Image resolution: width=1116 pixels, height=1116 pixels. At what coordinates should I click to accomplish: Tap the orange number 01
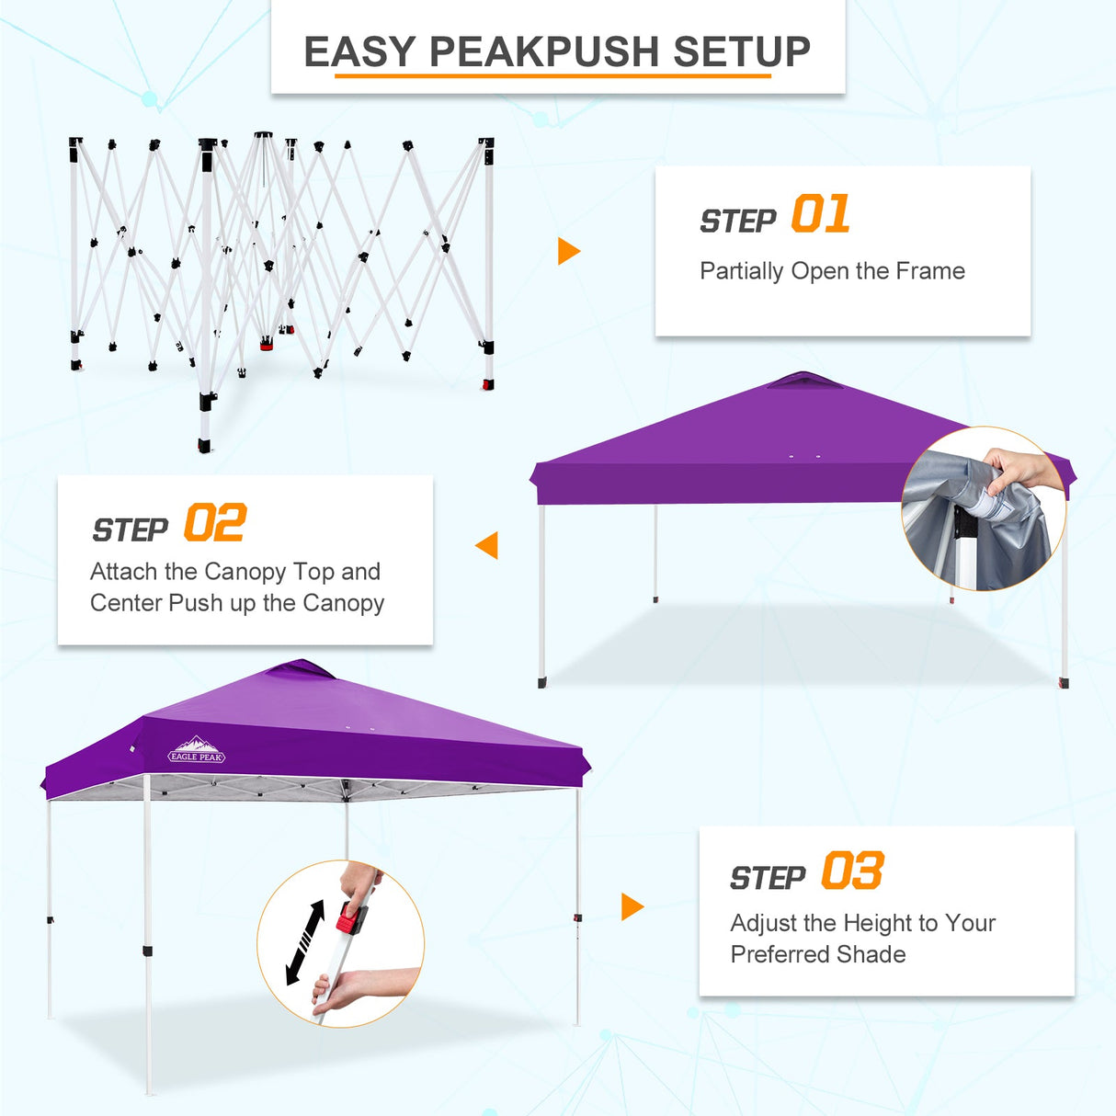coord(820,214)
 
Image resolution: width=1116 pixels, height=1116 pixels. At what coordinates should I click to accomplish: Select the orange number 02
coord(215,523)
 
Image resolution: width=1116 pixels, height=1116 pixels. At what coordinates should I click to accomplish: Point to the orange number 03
coord(852,871)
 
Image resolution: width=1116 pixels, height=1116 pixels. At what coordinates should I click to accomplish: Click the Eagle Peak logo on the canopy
coord(197,751)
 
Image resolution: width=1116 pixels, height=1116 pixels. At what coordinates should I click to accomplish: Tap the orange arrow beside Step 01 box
coord(568,251)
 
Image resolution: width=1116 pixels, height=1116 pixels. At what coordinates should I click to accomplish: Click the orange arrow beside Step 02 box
coord(487,545)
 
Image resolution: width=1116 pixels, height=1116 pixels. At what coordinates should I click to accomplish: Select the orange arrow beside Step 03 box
coord(632,906)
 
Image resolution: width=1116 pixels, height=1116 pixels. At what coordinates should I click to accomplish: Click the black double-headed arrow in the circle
coord(306,942)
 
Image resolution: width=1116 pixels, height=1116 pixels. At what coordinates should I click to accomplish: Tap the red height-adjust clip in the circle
coord(350,917)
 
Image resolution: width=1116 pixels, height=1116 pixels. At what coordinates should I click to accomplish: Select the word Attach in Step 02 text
coord(124,572)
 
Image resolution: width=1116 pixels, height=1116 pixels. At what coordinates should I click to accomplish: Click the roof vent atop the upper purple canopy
coord(804,381)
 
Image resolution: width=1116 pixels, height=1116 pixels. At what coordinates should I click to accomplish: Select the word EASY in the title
coord(360,51)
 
